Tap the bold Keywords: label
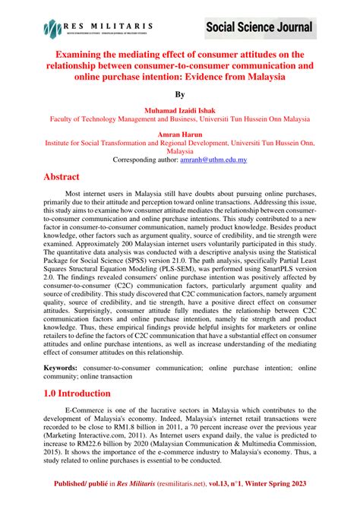coord(65,366)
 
